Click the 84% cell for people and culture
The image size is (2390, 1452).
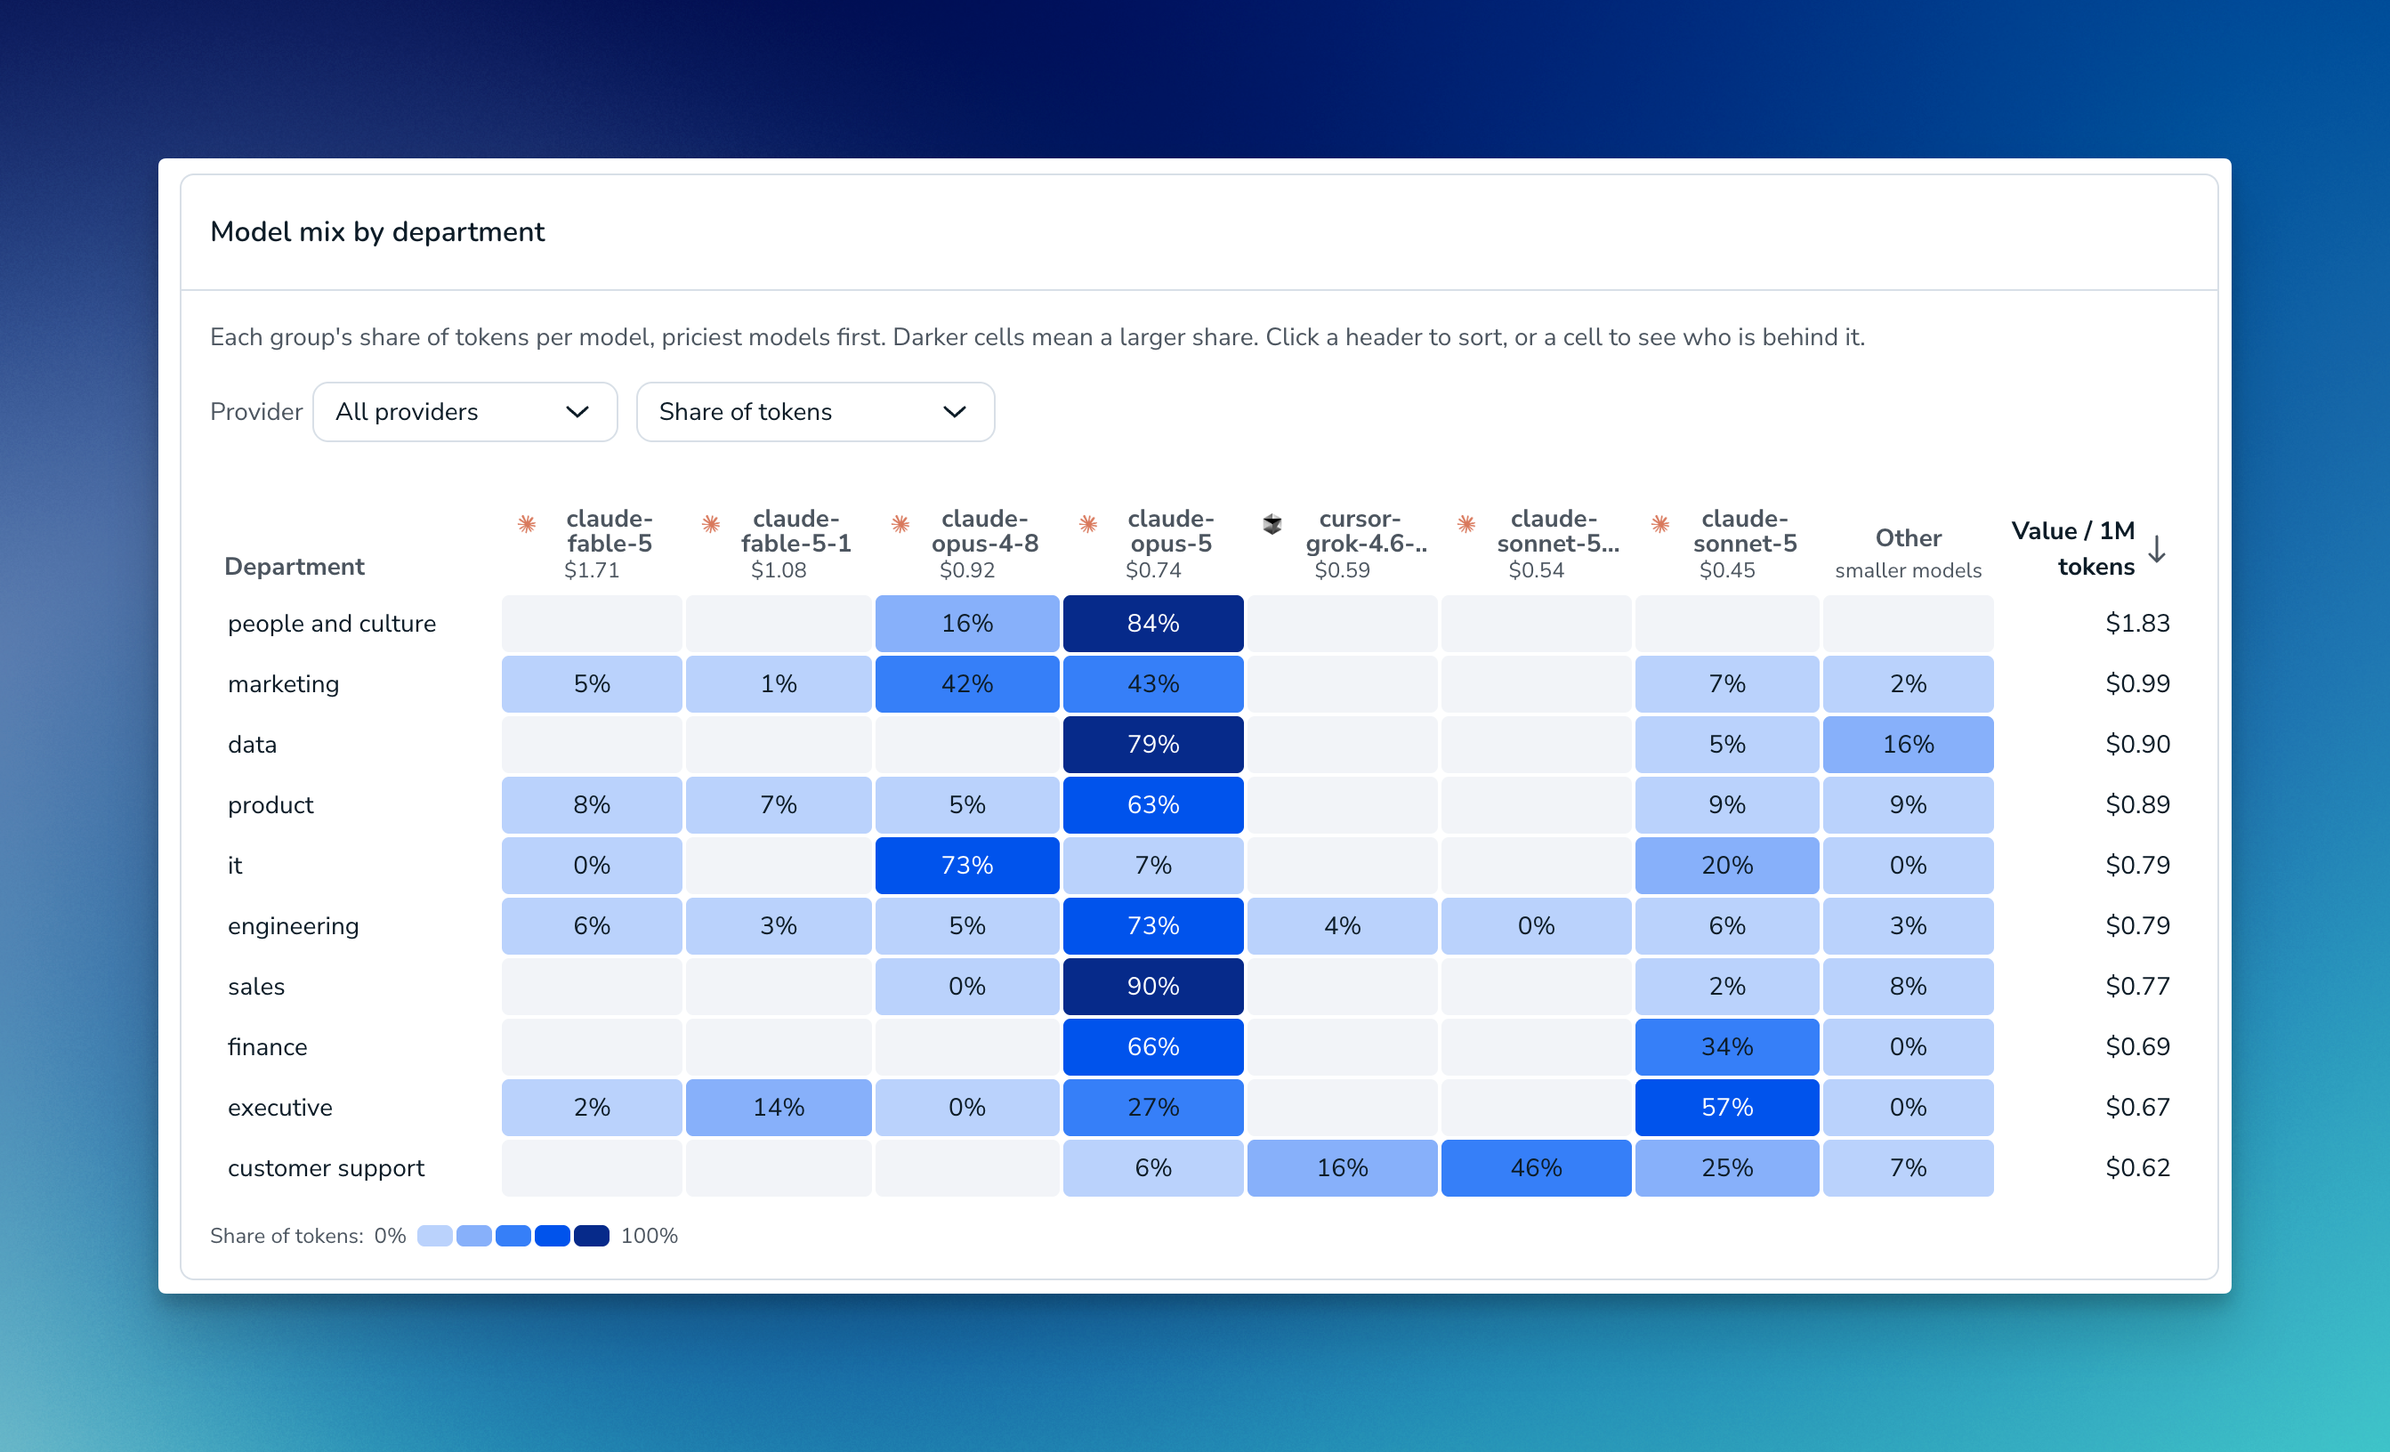(1152, 623)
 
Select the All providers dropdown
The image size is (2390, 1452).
(464, 411)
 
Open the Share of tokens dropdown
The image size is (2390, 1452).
(815, 411)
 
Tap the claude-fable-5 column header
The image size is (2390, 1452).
(592, 544)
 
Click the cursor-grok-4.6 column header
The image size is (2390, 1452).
(1344, 544)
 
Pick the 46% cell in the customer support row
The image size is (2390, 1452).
(1536, 1168)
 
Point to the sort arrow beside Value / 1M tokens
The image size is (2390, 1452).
(2156, 549)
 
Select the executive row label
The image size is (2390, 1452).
(279, 1108)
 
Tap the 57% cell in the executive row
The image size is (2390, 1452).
(1726, 1108)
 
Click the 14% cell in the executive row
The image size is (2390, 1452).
(778, 1108)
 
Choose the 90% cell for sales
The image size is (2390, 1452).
(1152, 987)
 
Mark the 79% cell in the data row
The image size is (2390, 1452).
(1152, 744)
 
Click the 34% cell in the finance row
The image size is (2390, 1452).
(1726, 1046)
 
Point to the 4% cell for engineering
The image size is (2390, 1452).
(1342, 925)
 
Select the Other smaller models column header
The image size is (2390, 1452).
(1908, 553)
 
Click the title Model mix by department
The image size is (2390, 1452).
(377, 232)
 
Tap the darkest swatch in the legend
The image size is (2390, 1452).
(591, 1236)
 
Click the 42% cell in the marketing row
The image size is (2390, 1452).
(966, 684)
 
